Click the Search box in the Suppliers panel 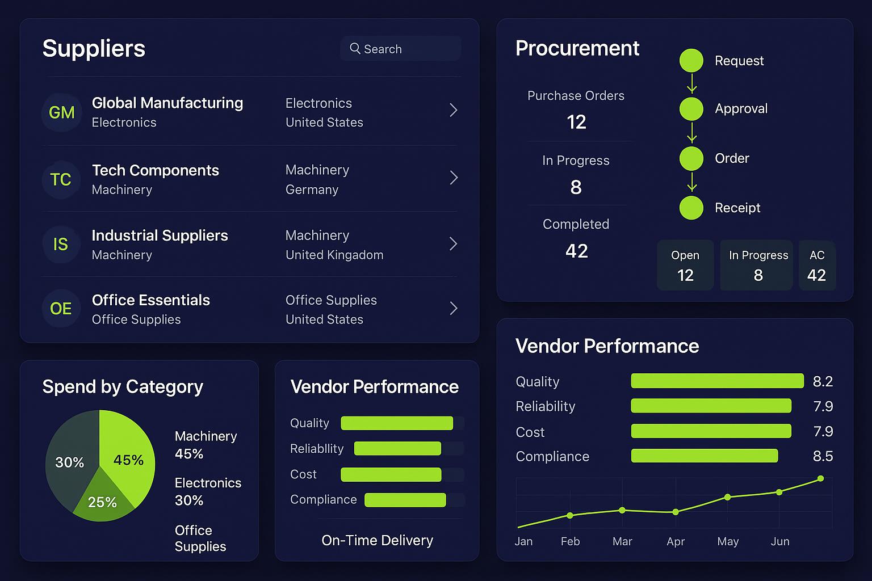pos(400,49)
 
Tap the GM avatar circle pos(61,112)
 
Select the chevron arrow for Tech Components pos(454,178)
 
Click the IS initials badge pos(61,244)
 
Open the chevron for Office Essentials pos(454,308)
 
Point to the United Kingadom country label pos(334,255)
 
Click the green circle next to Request pos(691,61)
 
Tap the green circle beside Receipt pos(691,208)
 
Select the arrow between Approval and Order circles pos(691,133)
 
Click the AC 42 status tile pos(816,266)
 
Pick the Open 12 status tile pos(685,266)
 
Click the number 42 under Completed pos(576,251)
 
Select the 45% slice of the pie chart pos(128,454)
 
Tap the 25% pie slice pos(102,499)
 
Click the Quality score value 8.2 pos(823,381)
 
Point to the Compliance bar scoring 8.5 pos(704,456)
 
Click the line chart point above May pos(727,497)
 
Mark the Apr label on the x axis pos(675,541)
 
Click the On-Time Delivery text pos(377,540)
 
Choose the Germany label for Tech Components pos(312,190)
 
